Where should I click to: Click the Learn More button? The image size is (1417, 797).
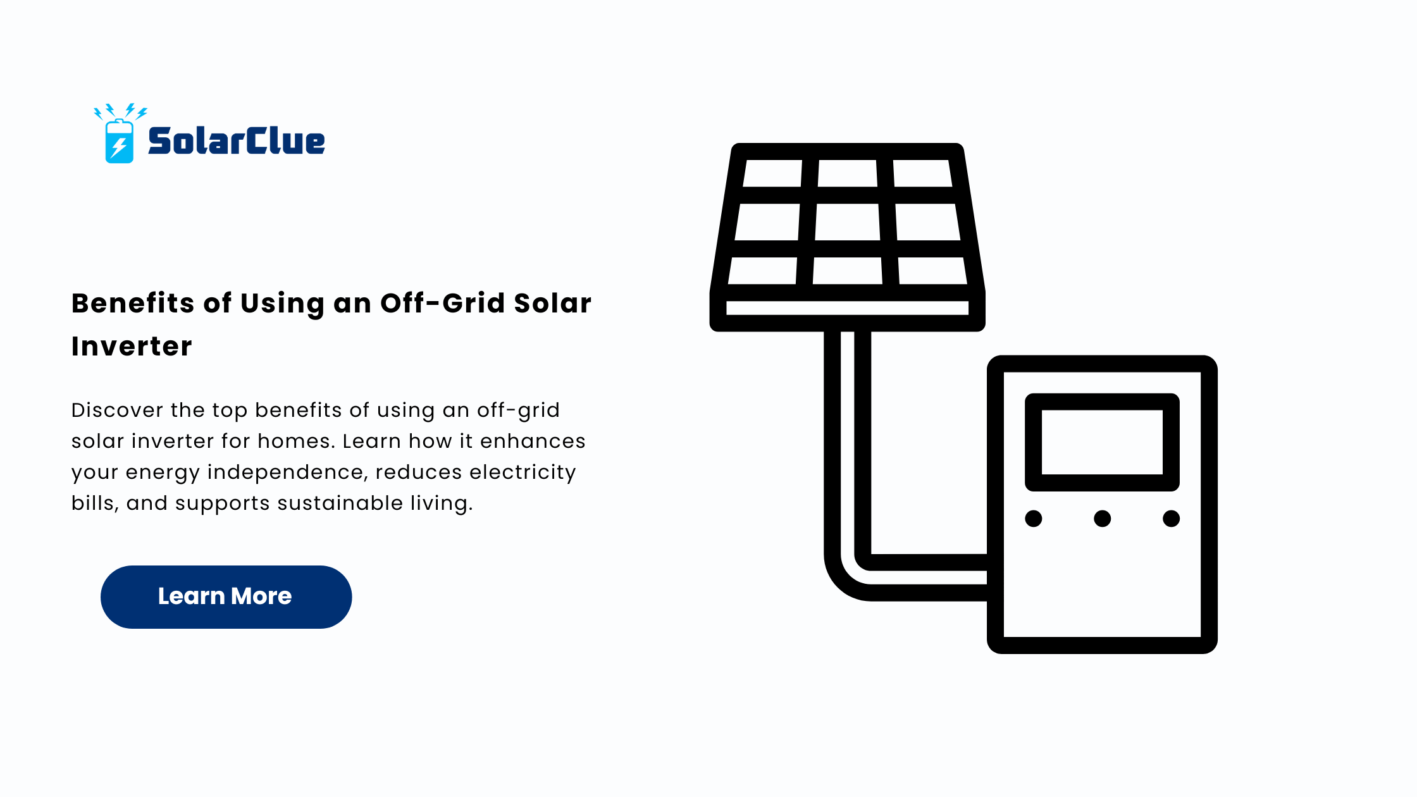pos(226,596)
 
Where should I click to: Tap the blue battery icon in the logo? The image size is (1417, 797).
pos(119,141)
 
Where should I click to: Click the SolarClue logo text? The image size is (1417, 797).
pos(236,140)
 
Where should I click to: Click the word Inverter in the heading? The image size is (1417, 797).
pos(132,346)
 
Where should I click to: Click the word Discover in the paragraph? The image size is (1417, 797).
pos(118,410)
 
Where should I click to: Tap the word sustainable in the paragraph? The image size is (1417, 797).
pos(340,503)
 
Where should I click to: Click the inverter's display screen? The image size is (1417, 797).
pos(1102,442)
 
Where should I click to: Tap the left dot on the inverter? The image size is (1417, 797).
pos(1034,519)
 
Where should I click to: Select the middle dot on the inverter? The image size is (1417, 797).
pos(1103,519)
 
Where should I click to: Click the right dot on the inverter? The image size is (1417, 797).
pos(1172,519)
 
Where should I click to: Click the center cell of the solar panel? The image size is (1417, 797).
pos(848,222)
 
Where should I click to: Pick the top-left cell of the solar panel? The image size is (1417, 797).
pos(772,173)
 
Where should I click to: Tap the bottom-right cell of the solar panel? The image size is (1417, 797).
pos(932,271)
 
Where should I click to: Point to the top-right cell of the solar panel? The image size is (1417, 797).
pos(922,173)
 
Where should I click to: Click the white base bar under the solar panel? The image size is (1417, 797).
pos(848,308)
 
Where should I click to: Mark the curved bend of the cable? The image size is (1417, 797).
pos(843,579)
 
